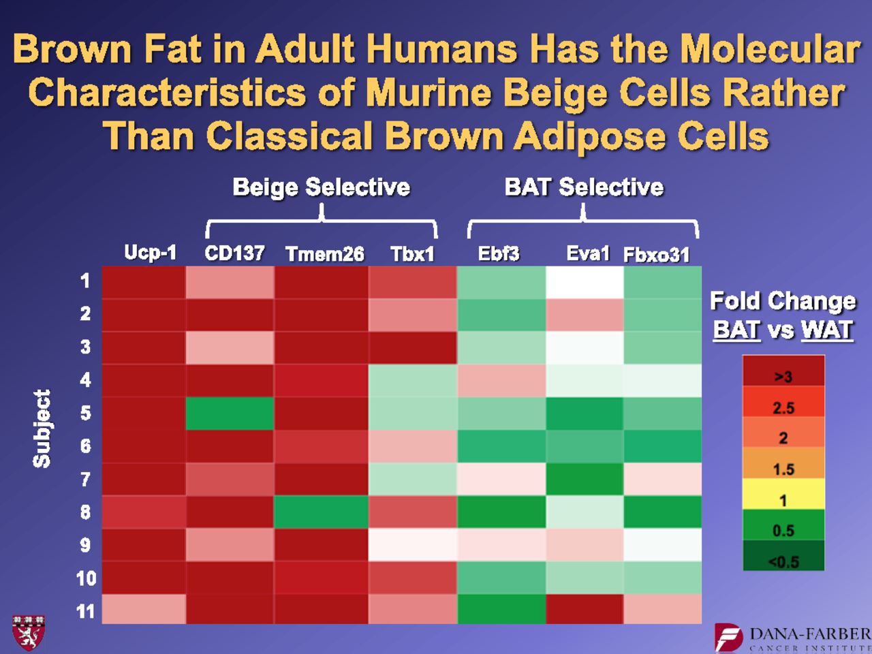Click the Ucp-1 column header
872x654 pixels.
[150, 252]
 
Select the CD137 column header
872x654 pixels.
[234, 253]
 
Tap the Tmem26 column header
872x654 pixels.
[324, 254]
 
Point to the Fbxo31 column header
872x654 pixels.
[656, 255]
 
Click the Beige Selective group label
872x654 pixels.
[321, 187]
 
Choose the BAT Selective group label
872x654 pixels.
[584, 187]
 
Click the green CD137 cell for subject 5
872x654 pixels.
[230, 414]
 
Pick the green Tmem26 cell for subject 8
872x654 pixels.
[321, 512]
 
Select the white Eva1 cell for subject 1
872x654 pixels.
[585, 282]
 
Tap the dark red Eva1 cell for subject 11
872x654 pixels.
[585, 609]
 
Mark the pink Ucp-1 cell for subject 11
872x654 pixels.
[144, 609]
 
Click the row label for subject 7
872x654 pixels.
[85, 480]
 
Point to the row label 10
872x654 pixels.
[86, 578]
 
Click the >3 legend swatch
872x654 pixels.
[783, 371]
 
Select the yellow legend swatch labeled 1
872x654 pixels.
[783, 494]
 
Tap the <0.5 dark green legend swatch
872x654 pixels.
[783, 555]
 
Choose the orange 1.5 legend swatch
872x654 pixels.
[783, 463]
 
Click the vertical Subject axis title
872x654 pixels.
[42, 429]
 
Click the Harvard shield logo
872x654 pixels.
[28, 633]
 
